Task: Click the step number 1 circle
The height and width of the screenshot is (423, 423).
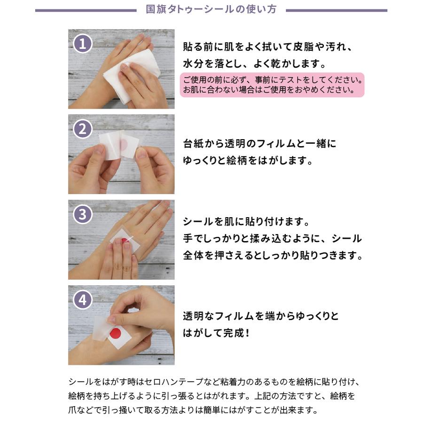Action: pos(83,44)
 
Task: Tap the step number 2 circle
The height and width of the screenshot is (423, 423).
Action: pos(83,129)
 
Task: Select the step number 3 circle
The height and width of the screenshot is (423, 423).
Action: pos(83,214)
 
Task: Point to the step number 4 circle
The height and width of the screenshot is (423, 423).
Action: pos(83,300)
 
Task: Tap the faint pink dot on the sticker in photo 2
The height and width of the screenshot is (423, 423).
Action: pos(125,144)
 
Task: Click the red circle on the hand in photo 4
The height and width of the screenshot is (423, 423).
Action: pos(116,333)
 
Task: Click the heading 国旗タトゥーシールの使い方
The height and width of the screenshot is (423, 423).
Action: pos(211,9)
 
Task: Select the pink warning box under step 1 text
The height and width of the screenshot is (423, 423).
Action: pos(272,85)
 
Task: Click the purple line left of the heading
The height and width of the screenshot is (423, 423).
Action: pos(86,10)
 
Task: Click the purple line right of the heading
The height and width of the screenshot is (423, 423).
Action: pos(337,10)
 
